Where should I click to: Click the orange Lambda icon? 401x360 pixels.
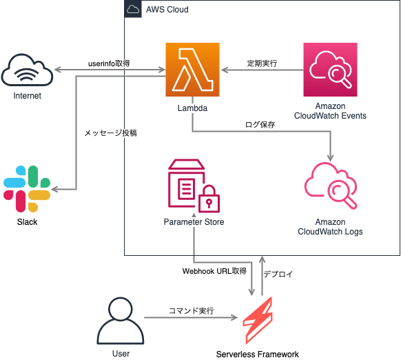tap(192, 70)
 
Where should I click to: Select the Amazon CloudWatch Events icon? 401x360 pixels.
tap(330, 70)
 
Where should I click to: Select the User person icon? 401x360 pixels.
tap(120, 321)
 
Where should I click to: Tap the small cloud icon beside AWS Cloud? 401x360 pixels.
tap(133, 10)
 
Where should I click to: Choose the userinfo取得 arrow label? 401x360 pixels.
tap(109, 63)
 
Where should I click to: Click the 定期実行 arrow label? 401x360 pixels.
tap(262, 63)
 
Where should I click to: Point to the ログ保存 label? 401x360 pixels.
tap(260, 125)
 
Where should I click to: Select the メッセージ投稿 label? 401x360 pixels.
tap(110, 132)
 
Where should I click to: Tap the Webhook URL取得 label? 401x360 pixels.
tap(214, 271)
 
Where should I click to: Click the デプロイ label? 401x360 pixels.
tap(278, 274)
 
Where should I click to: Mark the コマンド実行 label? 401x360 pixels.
tap(191, 311)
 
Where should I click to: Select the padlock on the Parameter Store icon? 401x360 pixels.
tap(209, 201)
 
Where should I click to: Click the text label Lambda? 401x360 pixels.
tap(192, 108)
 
